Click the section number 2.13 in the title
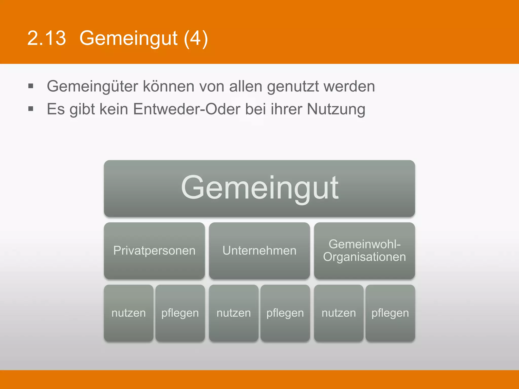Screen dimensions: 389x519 [46, 38]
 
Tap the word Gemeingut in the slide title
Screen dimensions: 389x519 [128, 38]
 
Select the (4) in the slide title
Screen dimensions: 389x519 [196, 38]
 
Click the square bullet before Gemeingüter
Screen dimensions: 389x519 [31, 86]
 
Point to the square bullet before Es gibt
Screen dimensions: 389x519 [31, 109]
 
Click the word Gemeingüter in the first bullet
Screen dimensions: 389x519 [92, 86]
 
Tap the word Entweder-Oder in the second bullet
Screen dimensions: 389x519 [187, 109]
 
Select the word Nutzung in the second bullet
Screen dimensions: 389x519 [336, 109]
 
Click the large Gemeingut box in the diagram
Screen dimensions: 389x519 [259, 188]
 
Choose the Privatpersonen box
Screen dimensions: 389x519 [154, 251]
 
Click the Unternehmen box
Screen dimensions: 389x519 [259, 251]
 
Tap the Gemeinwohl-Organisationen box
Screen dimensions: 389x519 [364, 251]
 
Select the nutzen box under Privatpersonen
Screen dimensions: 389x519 [129, 313]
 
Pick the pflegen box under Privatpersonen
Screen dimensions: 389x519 [180, 313]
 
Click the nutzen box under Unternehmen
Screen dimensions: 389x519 [234, 313]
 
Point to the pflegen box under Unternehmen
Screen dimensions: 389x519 [285, 313]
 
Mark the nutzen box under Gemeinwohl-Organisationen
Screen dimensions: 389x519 [339, 313]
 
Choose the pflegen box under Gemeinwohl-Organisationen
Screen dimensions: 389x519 [390, 313]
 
